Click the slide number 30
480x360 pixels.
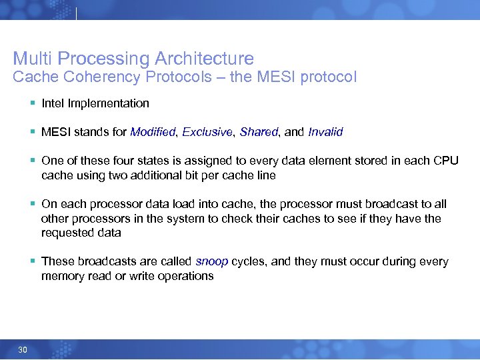(x=23, y=350)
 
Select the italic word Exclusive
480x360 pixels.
(x=208, y=132)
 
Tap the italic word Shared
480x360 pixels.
(x=259, y=132)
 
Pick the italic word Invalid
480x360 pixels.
(x=325, y=132)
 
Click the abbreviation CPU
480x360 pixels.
(x=446, y=161)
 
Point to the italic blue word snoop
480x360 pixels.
(x=212, y=262)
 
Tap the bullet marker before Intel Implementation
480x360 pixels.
(x=33, y=103)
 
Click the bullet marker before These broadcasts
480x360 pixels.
(x=33, y=262)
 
